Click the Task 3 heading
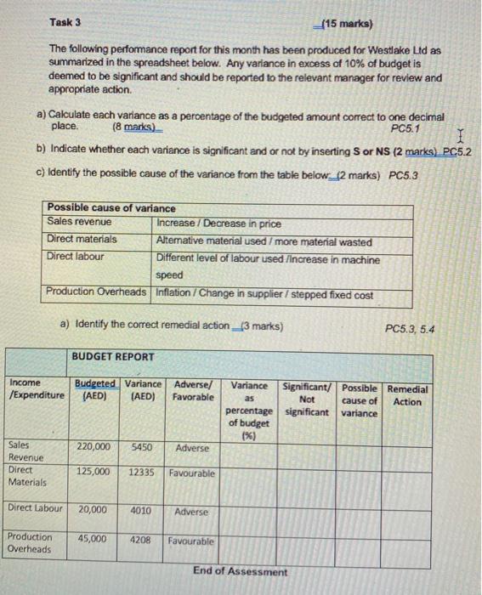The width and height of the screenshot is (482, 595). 66,23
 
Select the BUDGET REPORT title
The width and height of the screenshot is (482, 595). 113,357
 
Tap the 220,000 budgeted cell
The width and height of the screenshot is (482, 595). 93,446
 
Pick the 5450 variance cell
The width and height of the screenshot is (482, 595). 142,446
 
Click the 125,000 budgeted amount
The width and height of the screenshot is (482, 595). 93,472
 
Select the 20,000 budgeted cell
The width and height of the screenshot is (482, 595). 93,511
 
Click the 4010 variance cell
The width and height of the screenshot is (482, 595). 142,512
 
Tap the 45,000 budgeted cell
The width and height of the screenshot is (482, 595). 93,539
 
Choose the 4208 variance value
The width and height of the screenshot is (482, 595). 142,540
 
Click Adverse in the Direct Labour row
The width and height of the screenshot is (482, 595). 192,513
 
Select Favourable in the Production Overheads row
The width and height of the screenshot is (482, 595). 191,541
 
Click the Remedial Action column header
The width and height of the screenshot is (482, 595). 408,395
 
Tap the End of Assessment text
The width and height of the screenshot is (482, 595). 240,571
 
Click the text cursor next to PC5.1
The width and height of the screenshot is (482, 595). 460,134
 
